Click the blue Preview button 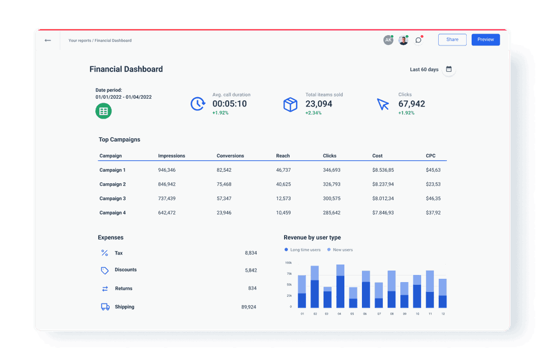(485, 40)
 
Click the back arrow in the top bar (48, 40)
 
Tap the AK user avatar (388, 40)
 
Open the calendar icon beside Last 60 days (449, 69)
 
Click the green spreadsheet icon (103, 111)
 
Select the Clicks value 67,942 (411, 104)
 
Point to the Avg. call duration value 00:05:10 (229, 104)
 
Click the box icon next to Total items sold (290, 104)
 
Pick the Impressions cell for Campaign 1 (167, 170)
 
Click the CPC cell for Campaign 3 (433, 199)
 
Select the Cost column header (377, 156)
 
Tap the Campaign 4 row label (112, 213)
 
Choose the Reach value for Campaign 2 (283, 184)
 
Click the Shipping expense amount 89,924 (248, 307)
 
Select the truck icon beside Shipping (105, 307)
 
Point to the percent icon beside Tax (105, 253)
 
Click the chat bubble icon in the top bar (418, 40)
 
